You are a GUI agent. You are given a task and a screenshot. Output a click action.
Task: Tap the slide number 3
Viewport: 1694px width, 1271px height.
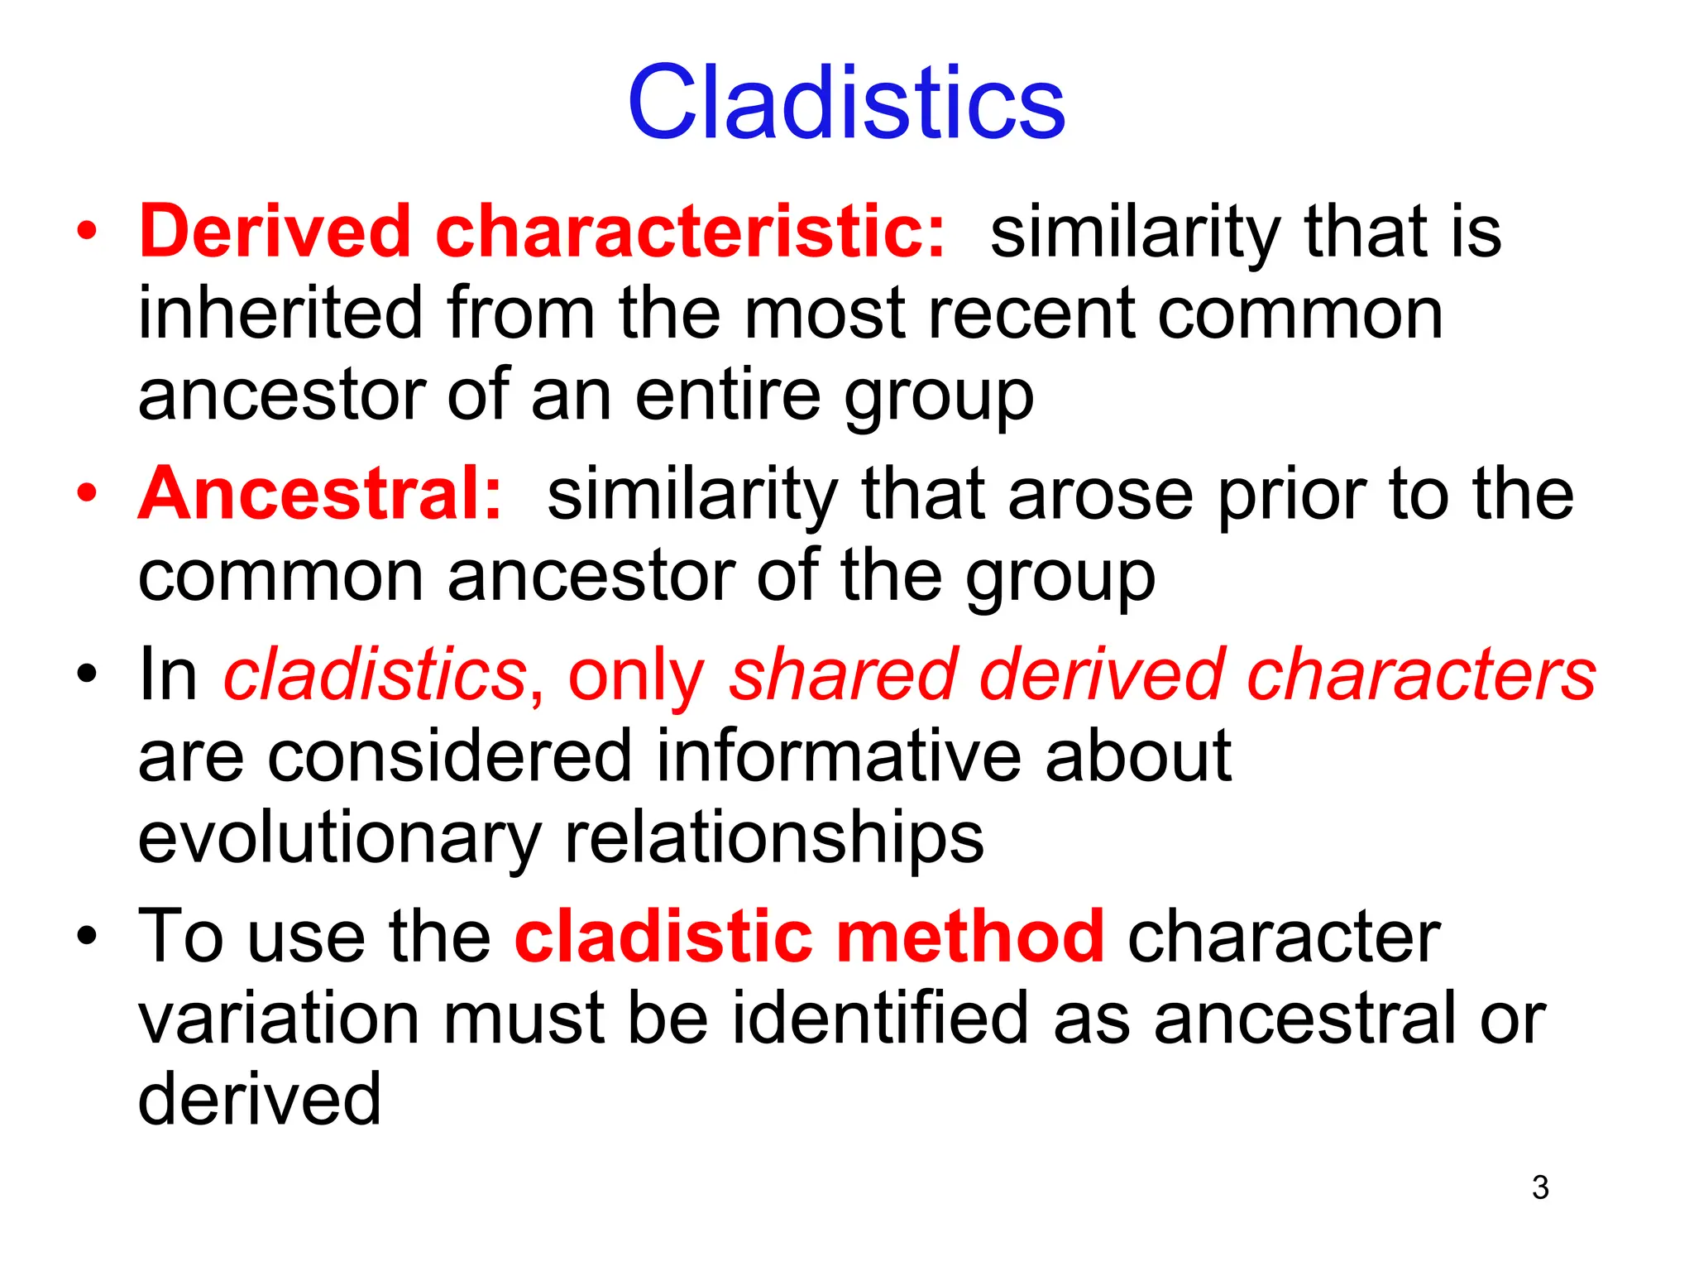pos(1539,1187)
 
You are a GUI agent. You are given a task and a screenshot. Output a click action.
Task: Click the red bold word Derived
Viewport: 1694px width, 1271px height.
pos(275,231)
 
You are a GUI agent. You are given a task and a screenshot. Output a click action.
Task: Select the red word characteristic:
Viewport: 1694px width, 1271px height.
pos(690,231)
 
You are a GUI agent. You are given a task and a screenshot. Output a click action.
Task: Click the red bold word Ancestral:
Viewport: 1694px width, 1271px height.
pos(320,494)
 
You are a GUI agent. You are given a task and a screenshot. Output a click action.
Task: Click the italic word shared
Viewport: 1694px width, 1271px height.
pos(841,675)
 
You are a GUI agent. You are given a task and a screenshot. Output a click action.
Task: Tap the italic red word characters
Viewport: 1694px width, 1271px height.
pos(1420,675)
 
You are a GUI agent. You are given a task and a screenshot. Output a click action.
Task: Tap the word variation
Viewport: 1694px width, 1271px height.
pos(278,1019)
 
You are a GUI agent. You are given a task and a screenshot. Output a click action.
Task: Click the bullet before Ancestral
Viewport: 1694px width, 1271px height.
pos(87,494)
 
